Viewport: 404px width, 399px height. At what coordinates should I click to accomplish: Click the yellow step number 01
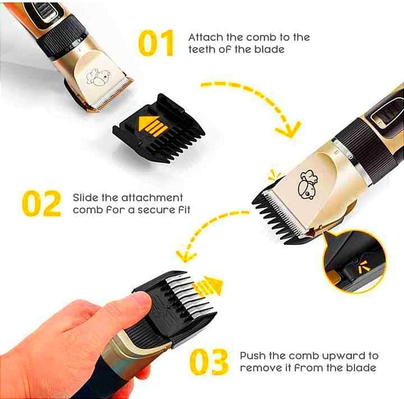click(156, 43)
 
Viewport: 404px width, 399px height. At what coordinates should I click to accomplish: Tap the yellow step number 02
click(41, 203)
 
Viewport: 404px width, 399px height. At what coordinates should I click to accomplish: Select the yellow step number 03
click(209, 362)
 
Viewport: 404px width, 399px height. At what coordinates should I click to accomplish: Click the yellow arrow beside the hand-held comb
click(208, 286)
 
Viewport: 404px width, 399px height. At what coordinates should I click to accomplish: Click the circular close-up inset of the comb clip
click(355, 261)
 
